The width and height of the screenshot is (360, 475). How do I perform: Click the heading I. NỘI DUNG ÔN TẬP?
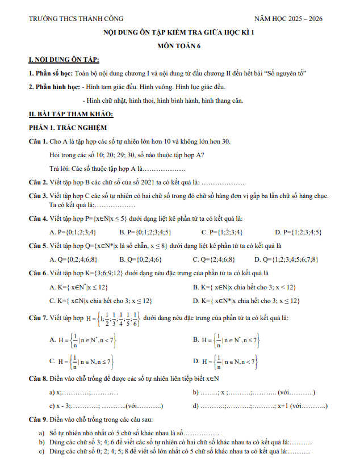(64, 60)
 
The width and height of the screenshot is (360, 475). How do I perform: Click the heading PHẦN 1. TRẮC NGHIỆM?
(68, 127)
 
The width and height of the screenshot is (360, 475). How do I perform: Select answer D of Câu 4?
(298, 232)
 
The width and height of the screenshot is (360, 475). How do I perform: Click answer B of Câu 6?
(244, 287)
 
